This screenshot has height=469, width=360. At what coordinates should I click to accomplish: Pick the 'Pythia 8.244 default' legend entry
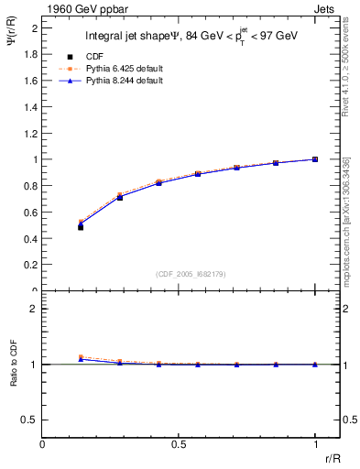click(x=112, y=81)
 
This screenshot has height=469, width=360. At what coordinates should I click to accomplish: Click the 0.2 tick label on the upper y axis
click(x=32, y=265)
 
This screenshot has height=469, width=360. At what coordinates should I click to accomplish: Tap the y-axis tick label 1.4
click(x=32, y=106)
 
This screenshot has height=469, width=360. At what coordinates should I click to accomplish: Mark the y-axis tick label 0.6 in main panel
click(x=32, y=212)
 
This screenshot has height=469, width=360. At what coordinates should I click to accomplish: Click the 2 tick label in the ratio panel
click(x=35, y=309)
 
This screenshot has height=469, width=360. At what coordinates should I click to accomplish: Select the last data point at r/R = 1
click(x=315, y=159)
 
